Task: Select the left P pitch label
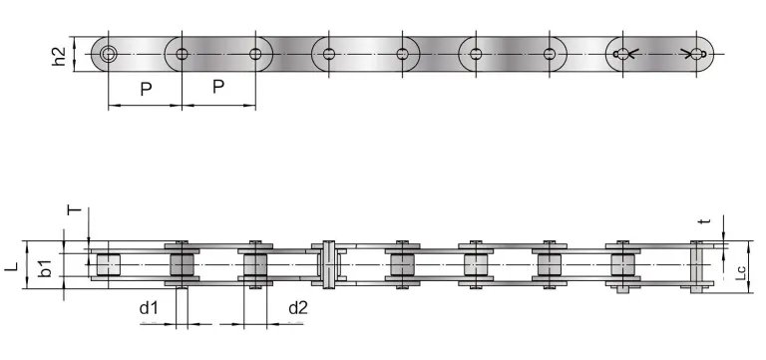146,89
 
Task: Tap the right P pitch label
218,88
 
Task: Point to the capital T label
72,210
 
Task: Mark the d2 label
297,308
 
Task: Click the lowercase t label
704,222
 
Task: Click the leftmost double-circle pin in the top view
108,54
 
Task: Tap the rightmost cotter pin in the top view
690,54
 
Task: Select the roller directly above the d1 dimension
182,266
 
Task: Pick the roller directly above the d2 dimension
255,266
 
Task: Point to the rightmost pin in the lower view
697,266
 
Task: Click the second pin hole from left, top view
182,54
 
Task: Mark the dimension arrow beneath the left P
145,105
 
